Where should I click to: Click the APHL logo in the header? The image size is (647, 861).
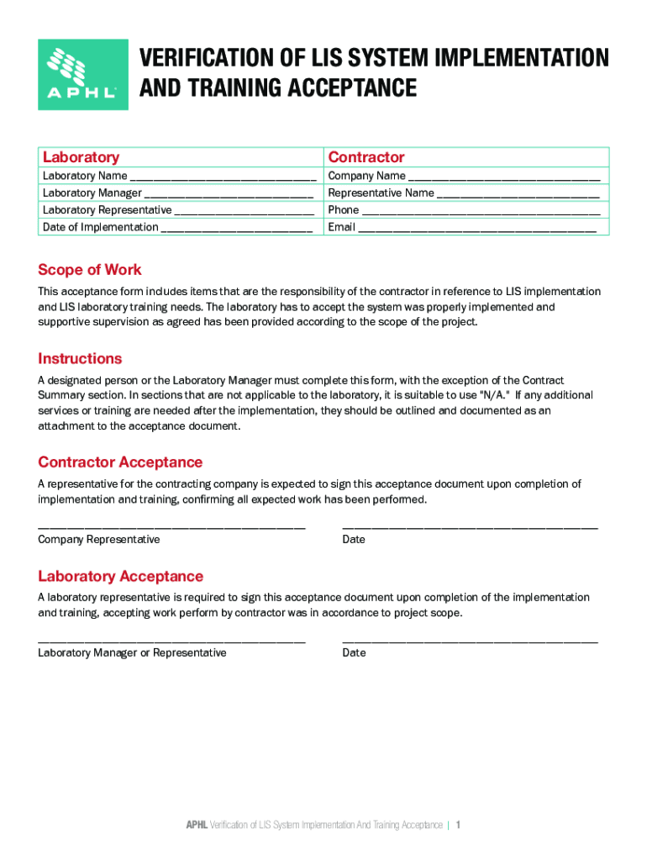pos(82,74)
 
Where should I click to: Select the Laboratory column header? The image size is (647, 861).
pos(81,157)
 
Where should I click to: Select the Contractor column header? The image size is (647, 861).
pos(366,157)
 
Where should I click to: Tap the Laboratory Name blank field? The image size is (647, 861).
pos(223,177)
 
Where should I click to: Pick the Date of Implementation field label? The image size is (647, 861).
pos(100,227)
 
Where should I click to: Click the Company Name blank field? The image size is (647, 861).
pos(503,177)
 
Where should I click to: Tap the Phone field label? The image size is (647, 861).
pos(343,210)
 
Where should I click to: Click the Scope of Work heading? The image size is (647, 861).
pos(89,270)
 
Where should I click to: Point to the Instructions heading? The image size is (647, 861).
pos(80,358)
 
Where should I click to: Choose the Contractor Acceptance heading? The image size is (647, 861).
pos(120,462)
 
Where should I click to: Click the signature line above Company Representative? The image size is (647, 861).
pos(171,526)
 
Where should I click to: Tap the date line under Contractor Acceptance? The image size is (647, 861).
pos(470,526)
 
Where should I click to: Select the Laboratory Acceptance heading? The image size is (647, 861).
pos(120,576)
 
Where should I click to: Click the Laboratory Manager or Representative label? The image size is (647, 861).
pos(132,652)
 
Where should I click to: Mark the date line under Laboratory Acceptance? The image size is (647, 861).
pos(470,641)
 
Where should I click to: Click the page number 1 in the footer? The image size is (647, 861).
pos(458,825)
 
